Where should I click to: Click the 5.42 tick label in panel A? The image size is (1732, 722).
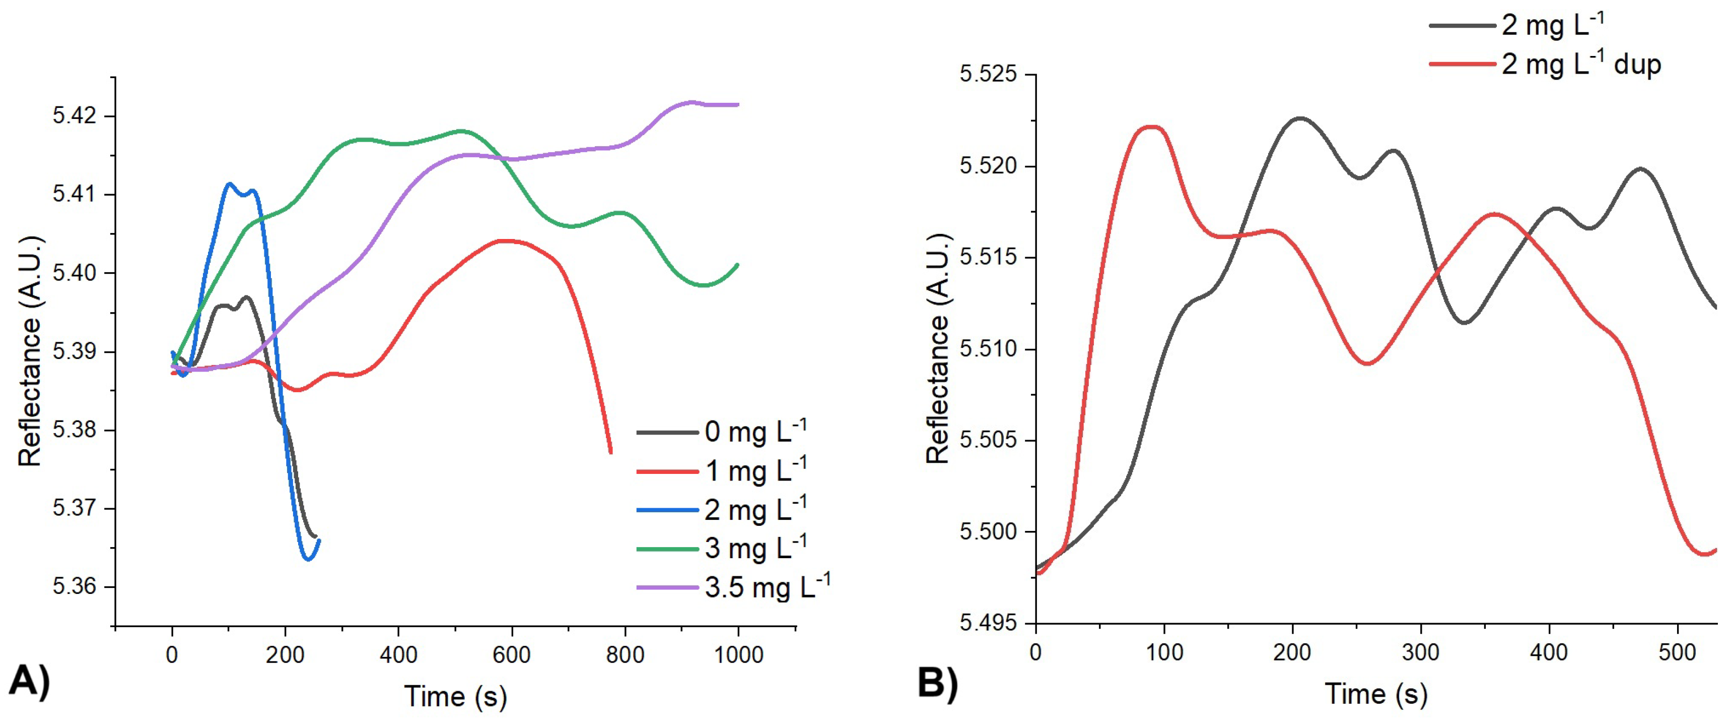coord(74,116)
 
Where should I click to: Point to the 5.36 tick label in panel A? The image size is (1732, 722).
coord(74,586)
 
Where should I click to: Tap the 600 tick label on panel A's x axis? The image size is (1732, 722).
coord(512,654)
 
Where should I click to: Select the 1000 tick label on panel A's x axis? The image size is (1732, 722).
coord(738,654)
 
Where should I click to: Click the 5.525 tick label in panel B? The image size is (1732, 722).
coord(988,74)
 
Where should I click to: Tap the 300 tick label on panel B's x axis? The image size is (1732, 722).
coord(1421,652)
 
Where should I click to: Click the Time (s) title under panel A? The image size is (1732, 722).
coord(455,696)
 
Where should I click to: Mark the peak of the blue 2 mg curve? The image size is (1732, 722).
coord(229,183)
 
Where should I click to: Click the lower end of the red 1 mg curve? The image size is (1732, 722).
coord(610,452)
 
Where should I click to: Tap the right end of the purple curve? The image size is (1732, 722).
coord(738,105)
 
